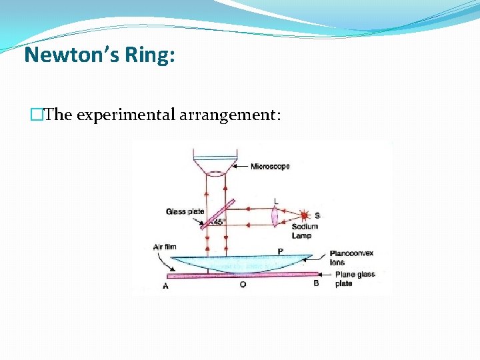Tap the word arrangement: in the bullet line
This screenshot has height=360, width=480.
pos(230,115)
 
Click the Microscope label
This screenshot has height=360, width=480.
pos(270,166)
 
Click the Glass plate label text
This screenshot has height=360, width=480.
pos(185,212)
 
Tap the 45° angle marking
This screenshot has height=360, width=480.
pos(219,222)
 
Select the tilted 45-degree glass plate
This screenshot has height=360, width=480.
pos(218,213)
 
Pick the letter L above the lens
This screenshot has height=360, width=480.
pos(276,201)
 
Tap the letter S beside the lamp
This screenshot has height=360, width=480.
pos(317,215)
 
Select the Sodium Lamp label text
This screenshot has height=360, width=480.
pos(305,231)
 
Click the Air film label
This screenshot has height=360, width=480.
pos(165,247)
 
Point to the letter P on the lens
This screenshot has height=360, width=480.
pos(281,251)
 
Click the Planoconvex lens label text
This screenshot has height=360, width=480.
pos(346,258)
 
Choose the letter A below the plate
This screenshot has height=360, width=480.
pos(165,286)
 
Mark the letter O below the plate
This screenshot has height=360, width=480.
pos(243,285)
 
